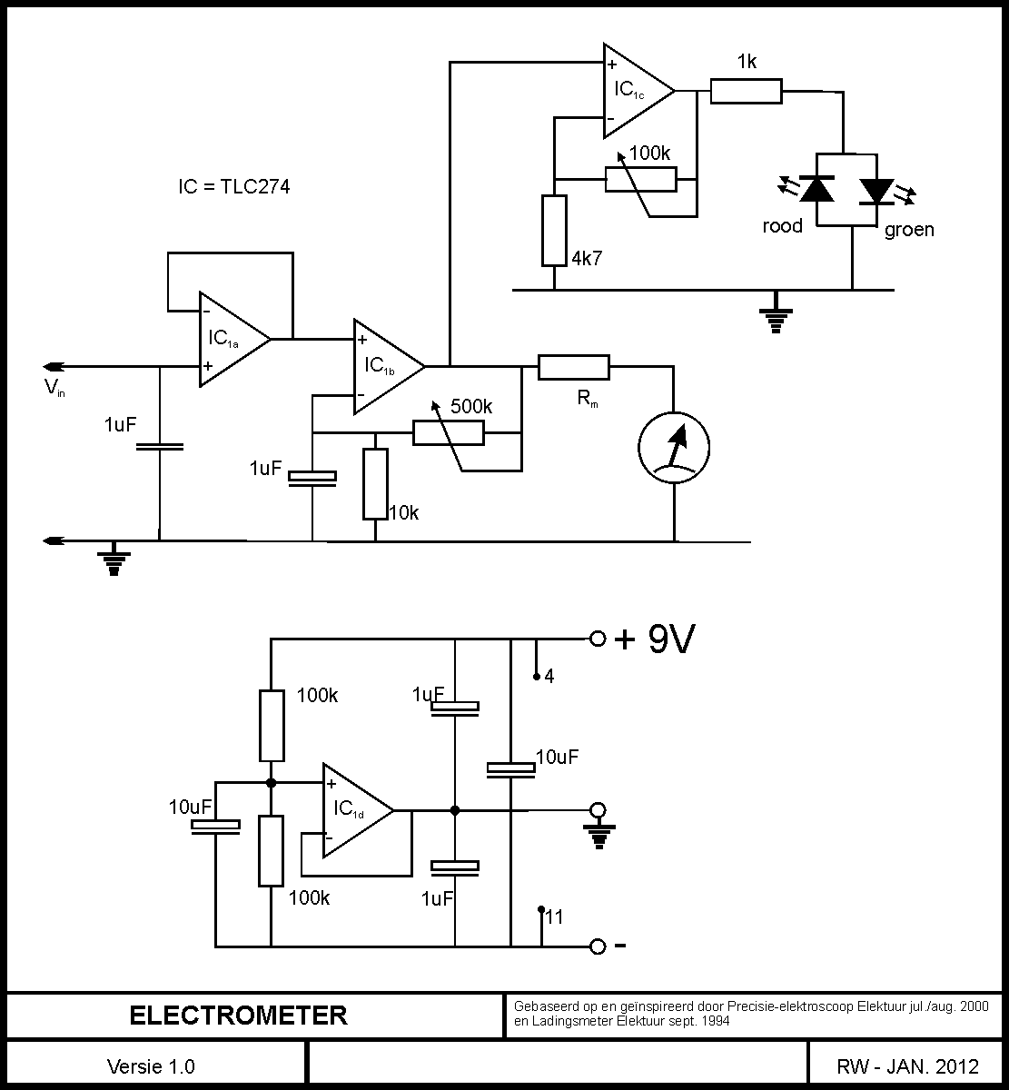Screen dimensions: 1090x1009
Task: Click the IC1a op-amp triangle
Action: [x=231, y=340]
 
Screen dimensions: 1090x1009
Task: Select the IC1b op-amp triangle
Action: [x=385, y=366]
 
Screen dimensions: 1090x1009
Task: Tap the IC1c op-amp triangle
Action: [x=635, y=91]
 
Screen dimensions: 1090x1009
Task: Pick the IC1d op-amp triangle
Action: [x=354, y=810]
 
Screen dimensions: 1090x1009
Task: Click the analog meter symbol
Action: [x=674, y=448]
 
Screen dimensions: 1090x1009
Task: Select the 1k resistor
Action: [x=746, y=91]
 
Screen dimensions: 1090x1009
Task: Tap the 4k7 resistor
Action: [x=554, y=230]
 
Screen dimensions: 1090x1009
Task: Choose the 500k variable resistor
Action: [x=449, y=433]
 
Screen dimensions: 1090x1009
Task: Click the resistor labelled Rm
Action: [x=573, y=367]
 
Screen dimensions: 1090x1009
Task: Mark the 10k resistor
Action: [x=376, y=483]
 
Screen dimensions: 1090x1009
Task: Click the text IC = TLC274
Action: [x=234, y=187]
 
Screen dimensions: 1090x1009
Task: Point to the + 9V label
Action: [x=656, y=640]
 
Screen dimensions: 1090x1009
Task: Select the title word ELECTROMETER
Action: [x=239, y=1016]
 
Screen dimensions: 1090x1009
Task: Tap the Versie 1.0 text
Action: [x=151, y=1066]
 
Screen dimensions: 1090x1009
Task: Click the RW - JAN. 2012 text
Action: [x=907, y=1066]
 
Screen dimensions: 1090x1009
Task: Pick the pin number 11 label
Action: [x=554, y=917]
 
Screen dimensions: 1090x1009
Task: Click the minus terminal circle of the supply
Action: [x=598, y=946]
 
